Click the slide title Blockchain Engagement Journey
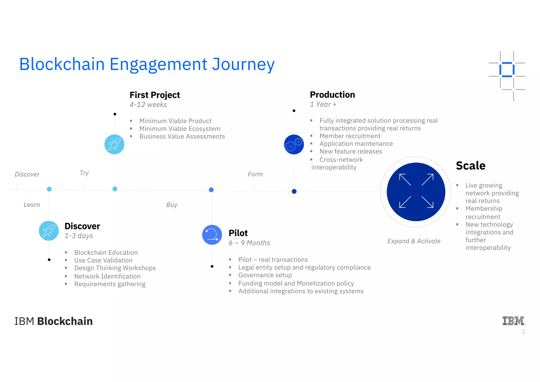[x=147, y=64]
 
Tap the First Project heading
[x=155, y=95]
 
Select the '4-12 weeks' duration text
[x=148, y=105]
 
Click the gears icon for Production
[x=294, y=144]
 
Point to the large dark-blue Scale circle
[x=416, y=192]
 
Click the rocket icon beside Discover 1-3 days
[x=49, y=231]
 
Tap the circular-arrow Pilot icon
[x=212, y=235]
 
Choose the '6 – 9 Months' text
[x=249, y=243]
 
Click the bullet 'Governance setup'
[x=265, y=275]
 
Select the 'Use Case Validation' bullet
[x=103, y=260]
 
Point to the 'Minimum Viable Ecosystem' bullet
[x=180, y=129]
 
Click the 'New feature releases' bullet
[x=351, y=152]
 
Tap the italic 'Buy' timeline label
[x=172, y=205]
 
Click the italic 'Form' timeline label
[x=255, y=174]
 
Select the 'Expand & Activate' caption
[x=414, y=241]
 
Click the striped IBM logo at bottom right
[x=513, y=321]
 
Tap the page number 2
[x=523, y=332]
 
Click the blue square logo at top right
[x=507, y=70]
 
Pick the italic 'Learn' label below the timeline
[x=32, y=205]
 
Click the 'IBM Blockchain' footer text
[x=54, y=321]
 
